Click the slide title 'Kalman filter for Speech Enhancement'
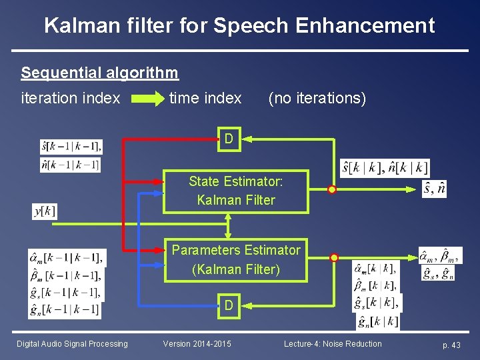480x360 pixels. [x=239, y=25]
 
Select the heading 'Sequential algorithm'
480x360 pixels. [x=100, y=72]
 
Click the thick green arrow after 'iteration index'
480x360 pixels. [x=147, y=99]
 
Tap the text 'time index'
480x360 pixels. [x=205, y=98]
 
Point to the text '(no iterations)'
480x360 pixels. [x=317, y=98]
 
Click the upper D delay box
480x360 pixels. [x=229, y=139]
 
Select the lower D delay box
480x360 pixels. [x=229, y=305]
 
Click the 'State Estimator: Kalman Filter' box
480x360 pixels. [x=236, y=191]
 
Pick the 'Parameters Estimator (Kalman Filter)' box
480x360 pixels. [x=236, y=259]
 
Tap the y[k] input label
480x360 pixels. [x=45, y=211]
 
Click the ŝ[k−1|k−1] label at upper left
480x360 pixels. [x=71, y=146]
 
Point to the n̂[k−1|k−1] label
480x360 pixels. [x=71, y=164]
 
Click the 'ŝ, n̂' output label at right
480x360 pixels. [x=434, y=189]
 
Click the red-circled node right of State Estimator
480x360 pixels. [x=332, y=190]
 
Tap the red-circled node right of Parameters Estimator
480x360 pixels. [x=335, y=257]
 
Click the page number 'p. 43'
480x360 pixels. [x=451, y=345]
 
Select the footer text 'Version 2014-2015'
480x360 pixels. [x=197, y=344]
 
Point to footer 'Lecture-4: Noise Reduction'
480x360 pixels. [x=333, y=344]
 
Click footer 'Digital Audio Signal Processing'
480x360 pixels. [x=72, y=344]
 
